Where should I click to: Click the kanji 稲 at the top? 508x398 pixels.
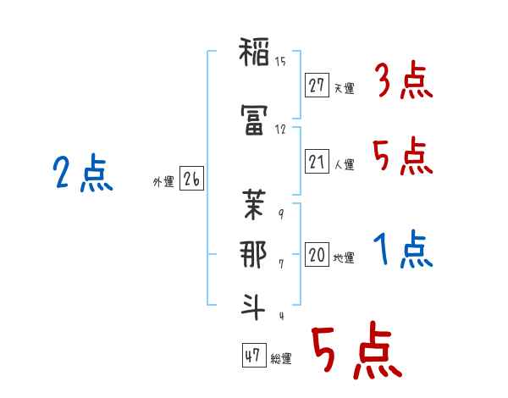click(x=254, y=52)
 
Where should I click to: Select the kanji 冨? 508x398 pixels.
click(x=254, y=119)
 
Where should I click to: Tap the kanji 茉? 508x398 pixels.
click(x=254, y=205)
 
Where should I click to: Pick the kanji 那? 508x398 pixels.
click(x=253, y=254)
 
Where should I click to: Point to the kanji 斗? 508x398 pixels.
click(x=252, y=307)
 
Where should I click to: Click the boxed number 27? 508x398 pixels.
click(x=317, y=86)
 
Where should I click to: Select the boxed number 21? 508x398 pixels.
click(x=317, y=161)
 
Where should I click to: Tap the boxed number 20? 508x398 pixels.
click(x=317, y=254)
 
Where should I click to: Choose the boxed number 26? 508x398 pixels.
click(x=191, y=179)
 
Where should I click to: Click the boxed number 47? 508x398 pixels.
click(x=254, y=355)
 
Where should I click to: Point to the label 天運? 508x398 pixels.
click(x=345, y=88)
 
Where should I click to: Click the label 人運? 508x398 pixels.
click(x=345, y=164)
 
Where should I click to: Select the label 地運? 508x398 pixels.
click(x=344, y=258)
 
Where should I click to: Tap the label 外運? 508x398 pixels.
click(x=163, y=182)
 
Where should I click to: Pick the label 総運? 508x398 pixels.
click(x=281, y=359)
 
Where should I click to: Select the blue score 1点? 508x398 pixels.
click(x=403, y=249)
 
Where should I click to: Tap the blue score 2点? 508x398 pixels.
click(x=83, y=173)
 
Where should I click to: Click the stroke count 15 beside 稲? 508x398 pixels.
click(x=280, y=62)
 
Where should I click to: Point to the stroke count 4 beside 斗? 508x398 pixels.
click(x=282, y=316)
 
